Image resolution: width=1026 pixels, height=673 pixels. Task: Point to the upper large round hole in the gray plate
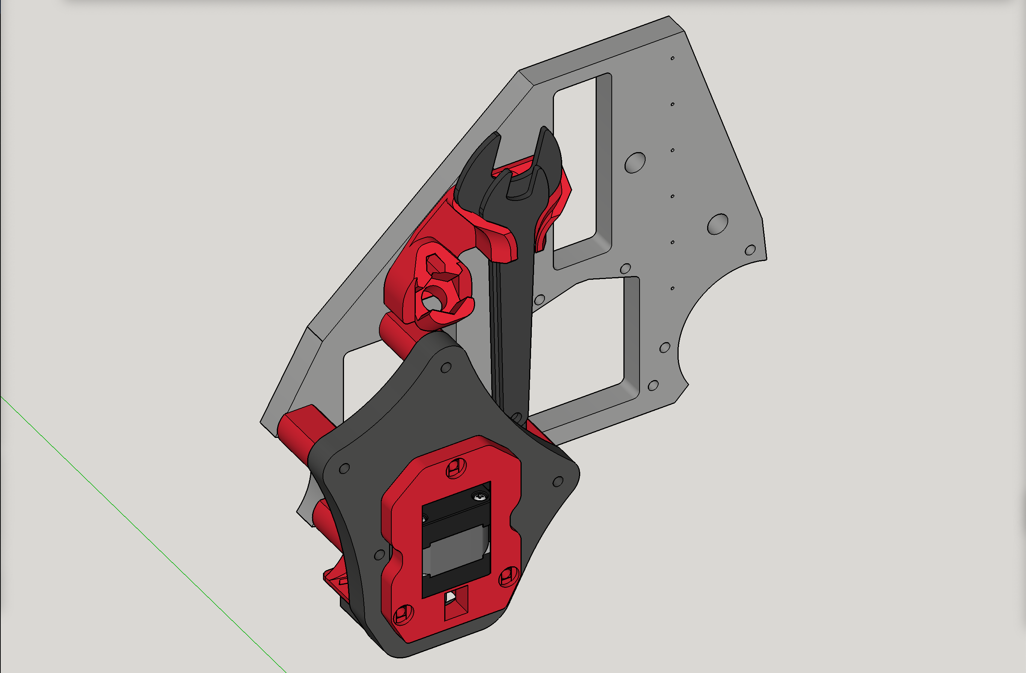point(635,163)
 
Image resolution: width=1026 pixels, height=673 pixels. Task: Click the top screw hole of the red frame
point(456,468)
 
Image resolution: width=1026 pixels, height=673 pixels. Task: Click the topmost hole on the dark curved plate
point(446,367)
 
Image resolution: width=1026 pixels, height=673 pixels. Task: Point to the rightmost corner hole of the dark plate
point(558,481)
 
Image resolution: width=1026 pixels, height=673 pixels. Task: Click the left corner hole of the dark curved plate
point(344,468)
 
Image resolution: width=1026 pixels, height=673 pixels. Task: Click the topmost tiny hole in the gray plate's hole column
point(673,58)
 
